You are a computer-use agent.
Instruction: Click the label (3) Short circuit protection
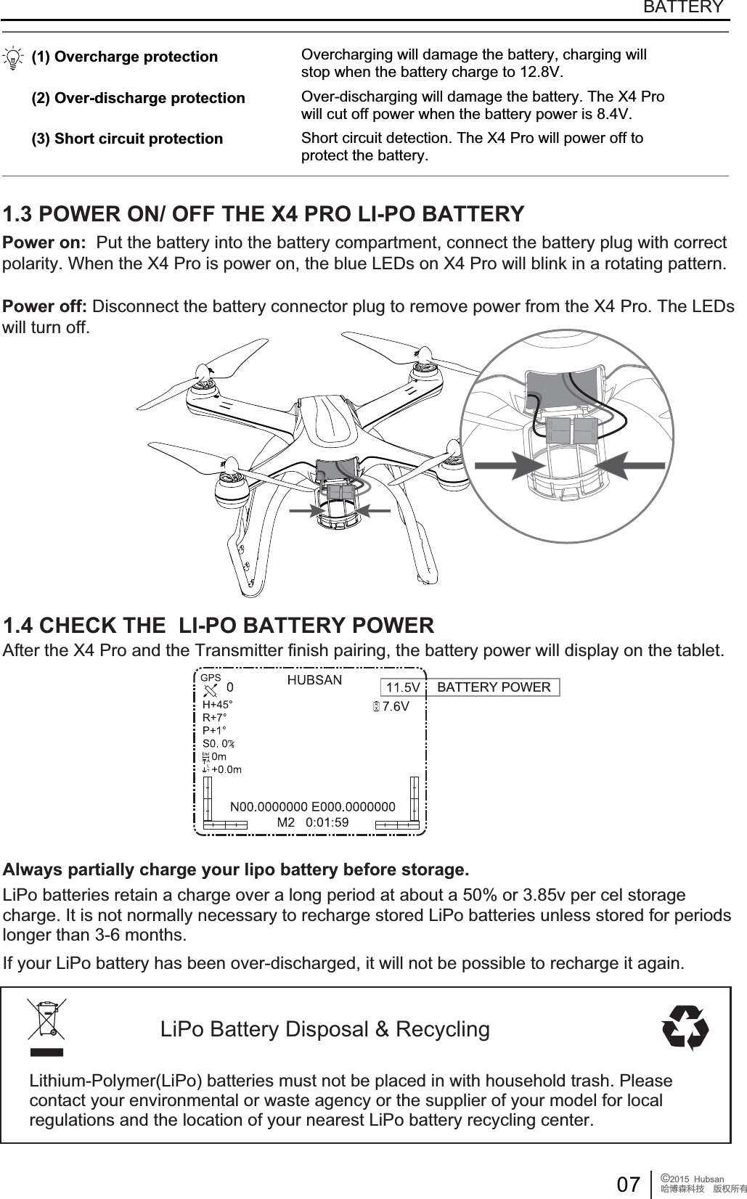pos(127,139)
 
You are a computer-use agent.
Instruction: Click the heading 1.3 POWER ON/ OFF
pos(264,215)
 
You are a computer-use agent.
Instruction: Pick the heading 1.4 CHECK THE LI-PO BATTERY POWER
pos(219,625)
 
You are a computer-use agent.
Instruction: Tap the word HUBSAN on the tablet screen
pos(314,681)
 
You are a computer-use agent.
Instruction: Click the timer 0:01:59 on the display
pos(327,822)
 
